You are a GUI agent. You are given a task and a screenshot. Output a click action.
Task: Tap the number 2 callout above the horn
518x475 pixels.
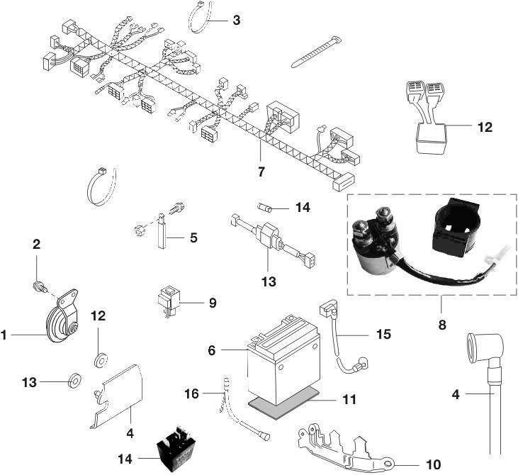coord(37,245)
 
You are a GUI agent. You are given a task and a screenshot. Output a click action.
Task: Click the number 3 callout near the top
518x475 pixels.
coord(236,20)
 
